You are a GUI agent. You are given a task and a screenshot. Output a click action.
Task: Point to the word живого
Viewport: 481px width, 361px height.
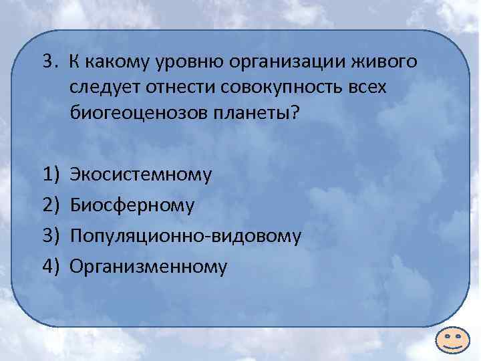(x=387, y=62)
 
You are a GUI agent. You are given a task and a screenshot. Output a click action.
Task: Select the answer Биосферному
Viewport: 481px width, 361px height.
(x=132, y=206)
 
